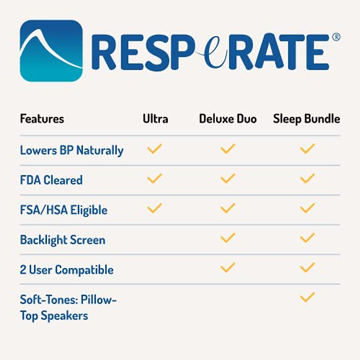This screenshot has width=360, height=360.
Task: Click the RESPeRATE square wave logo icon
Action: (x=51, y=50)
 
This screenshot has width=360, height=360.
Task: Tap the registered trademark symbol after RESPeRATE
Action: (x=336, y=37)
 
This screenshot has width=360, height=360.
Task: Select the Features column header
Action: (x=42, y=119)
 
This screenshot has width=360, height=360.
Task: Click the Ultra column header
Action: (x=155, y=119)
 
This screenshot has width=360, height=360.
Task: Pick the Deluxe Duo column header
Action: (x=228, y=119)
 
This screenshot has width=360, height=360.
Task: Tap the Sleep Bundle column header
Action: (x=306, y=119)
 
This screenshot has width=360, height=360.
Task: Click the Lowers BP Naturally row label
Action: (x=72, y=150)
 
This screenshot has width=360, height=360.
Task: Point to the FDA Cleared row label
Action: (x=51, y=180)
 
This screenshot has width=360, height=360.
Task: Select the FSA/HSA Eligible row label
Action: (x=64, y=210)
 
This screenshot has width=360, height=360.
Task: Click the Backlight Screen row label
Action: (x=63, y=240)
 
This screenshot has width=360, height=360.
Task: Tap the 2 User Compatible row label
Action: (x=67, y=270)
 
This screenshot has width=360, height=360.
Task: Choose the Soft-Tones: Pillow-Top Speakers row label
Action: (x=68, y=307)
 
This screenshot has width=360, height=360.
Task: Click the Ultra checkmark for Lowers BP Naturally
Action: (x=154, y=148)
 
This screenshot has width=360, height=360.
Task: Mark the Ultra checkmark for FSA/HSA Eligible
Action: (x=154, y=208)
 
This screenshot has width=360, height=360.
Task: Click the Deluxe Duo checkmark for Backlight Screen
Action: (x=228, y=238)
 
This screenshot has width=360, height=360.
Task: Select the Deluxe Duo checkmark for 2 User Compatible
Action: (x=228, y=267)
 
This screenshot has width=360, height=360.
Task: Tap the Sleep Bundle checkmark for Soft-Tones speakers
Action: (x=307, y=297)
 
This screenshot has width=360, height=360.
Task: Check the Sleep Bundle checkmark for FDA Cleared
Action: (x=307, y=178)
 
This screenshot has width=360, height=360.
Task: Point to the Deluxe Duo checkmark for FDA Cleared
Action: (x=228, y=178)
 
